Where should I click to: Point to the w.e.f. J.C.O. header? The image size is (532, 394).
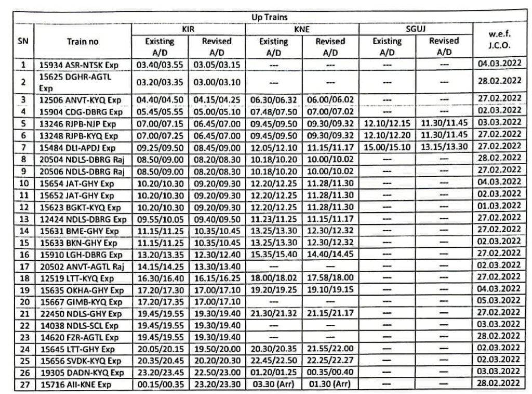pos(500,40)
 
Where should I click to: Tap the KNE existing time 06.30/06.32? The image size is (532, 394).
pos(273,99)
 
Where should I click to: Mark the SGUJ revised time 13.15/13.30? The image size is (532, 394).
pos(444,147)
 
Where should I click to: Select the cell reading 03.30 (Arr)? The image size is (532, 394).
pos(273,385)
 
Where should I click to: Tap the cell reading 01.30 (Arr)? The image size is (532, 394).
pos(330,385)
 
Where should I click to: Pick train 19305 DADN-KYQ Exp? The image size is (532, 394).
pos(82,373)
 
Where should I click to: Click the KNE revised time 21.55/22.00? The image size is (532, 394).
pos(330,348)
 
